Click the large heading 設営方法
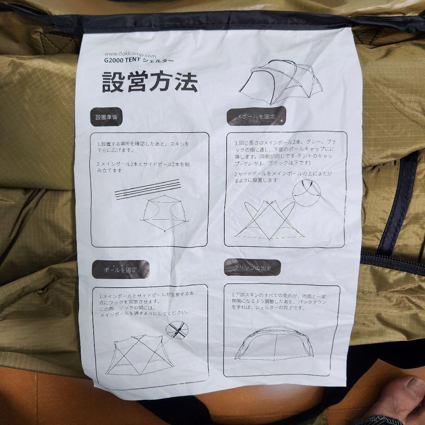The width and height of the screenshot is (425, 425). click(150, 81)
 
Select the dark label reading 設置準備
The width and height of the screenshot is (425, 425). click(106, 117)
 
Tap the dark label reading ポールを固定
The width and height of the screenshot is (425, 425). click(121, 270)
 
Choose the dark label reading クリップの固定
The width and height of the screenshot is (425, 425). click(252, 268)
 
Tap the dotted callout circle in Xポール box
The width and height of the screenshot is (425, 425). click(307, 193)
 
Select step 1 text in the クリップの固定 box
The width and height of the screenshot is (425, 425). click(279, 301)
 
